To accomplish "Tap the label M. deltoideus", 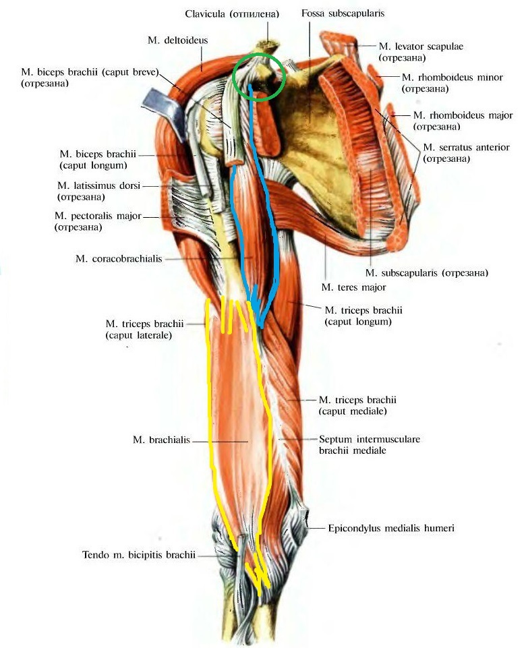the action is coord(177,40).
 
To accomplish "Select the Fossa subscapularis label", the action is coord(343,13).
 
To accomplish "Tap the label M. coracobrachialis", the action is coord(119,259).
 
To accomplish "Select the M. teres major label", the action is coord(354,287).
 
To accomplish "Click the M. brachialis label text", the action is coord(161,440).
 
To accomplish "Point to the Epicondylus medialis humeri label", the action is coord(391,528).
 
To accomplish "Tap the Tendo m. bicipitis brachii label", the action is coord(139,554).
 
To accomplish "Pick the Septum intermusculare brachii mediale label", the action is coord(370,444).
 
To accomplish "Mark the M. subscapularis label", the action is coord(426,273).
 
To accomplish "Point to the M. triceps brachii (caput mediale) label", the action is coord(357,405).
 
